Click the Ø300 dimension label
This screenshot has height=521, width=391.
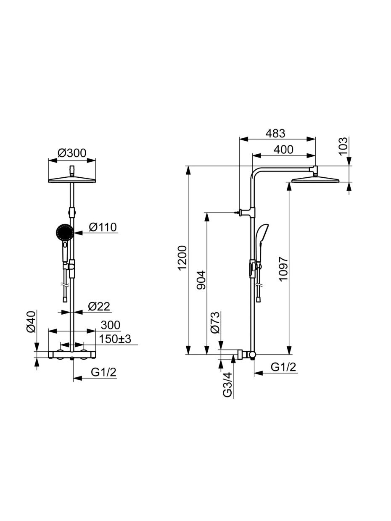tap(72, 153)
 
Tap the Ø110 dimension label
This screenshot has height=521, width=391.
tap(103, 227)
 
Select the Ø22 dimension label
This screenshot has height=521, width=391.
tap(99, 306)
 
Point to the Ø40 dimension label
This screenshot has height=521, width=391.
tap(31, 322)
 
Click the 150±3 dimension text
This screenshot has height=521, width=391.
tap(115, 339)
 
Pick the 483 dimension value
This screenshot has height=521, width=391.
tap(275, 134)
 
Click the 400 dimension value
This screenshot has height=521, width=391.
tap(283, 150)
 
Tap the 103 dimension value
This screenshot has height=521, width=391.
tap(343, 146)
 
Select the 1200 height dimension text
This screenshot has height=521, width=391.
tap(183, 258)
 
